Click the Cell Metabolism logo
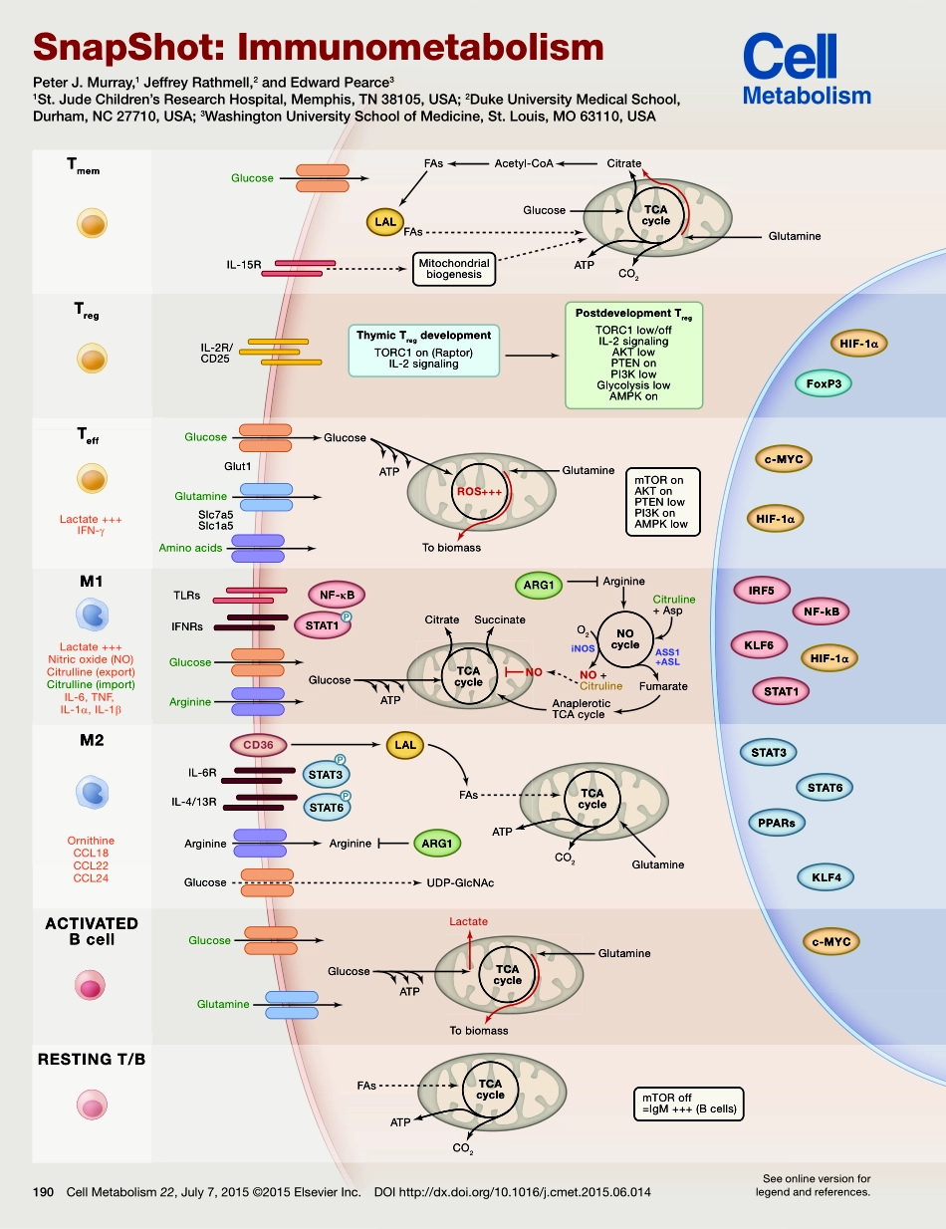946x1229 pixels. [x=807, y=70]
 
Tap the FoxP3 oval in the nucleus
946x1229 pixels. [x=823, y=382]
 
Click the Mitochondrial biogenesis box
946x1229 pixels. [x=453, y=268]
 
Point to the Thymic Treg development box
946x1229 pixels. [x=424, y=350]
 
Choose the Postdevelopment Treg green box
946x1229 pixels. [x=633, y=356]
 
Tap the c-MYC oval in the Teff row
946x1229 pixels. [x=784, y=459]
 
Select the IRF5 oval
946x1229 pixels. [x=761, y=590]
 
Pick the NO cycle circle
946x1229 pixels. [x=624, y=638]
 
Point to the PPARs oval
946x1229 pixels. [x=777, y=823]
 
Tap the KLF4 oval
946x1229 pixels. [x=826, y=877]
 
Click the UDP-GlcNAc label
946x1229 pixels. [x=461, y=882]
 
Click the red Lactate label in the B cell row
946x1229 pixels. [x=468, y=921]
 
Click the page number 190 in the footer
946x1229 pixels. [x=43, y=1191]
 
